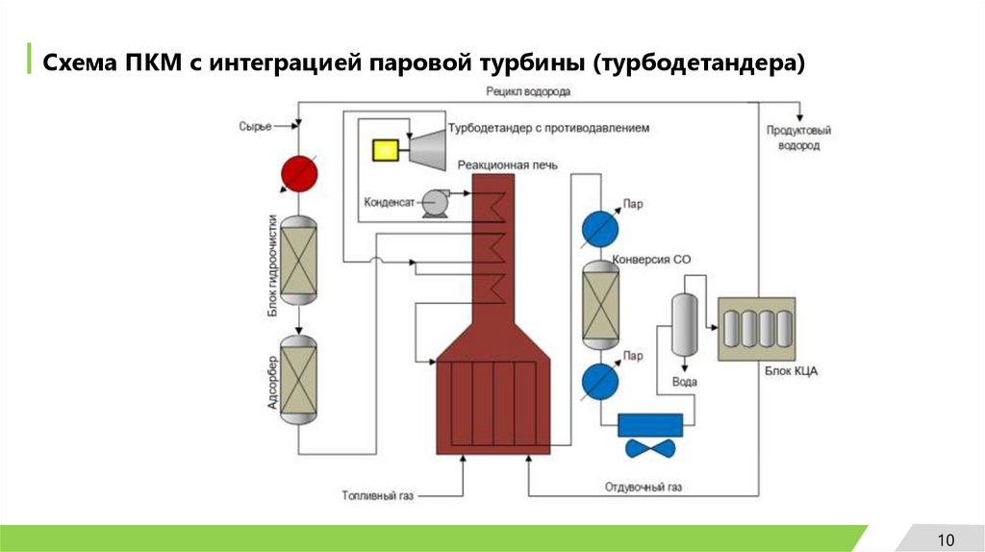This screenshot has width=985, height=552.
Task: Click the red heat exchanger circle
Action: click(298, 173)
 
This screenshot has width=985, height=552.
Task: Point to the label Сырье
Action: click(255, 126)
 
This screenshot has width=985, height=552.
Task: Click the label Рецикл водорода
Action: click(528, 92)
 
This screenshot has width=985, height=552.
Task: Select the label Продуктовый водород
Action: click(799, 138)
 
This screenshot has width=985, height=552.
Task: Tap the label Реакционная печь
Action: click(507, 164)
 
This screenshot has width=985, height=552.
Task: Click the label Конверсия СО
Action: click(658, 260)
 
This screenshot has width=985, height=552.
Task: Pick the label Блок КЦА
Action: click(791, 371)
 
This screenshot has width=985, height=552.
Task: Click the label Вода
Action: click(685, 382)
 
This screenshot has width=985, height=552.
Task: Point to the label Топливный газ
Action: click(377, 496)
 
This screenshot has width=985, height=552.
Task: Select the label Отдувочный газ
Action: click(644, 488)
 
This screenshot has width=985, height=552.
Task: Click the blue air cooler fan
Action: click(649, 447)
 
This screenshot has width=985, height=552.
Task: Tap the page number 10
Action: click(945, 538)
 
